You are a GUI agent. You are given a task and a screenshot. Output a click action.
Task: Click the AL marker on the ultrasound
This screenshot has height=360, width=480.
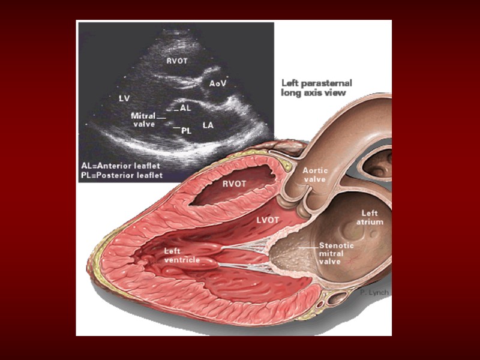pyautogui.click(x=186, y=109)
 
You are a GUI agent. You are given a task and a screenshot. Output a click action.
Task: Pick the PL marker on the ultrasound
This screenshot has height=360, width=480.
pyautogui.click(x=186, y=129)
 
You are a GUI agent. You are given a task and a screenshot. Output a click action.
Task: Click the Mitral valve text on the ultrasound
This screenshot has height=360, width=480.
pyautogui.click(x=143, y=119)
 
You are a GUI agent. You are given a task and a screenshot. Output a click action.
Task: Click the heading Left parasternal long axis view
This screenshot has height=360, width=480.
pyautogui.click(x=317, y=88)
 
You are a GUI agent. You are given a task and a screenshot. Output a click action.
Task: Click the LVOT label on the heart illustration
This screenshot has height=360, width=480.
pyautogui.click(x=269, y=221)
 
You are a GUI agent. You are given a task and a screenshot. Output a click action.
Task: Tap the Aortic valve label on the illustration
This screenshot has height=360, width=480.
pyautogui.click(x=314, y=175)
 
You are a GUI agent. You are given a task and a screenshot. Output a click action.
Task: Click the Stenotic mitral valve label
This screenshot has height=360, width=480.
pyautogui.click(x=336, y=253)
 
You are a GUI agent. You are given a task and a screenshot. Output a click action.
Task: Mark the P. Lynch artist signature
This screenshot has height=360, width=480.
pyautogui.click(x=375, y=292)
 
